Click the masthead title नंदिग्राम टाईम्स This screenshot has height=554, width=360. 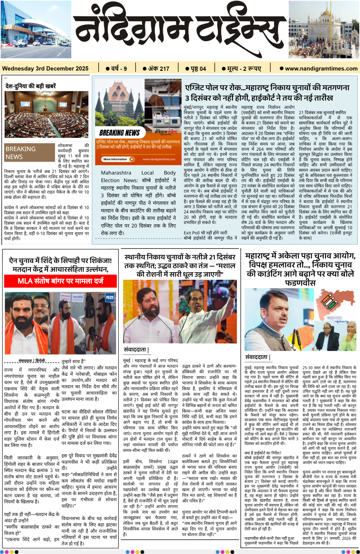(180, 34)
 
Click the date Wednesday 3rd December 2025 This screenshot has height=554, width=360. (45, 68)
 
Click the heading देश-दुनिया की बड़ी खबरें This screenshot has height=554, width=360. (30, 86)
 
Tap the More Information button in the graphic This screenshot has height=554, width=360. (118, 159)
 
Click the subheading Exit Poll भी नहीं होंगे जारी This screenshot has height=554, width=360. (206, 233)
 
